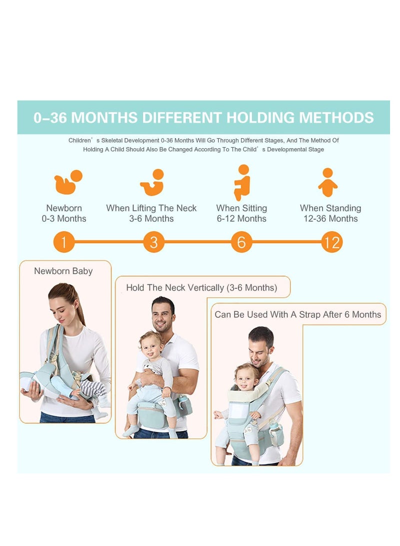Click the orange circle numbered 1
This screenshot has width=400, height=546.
pyautogui.click(x=64, y=243)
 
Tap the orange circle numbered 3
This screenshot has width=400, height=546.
pyautogui.click(x=153, y=243)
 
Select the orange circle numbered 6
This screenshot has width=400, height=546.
pyautogui.click(x=241, y=243)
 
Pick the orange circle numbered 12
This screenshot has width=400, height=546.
pyautogui.click(x=331, y=243)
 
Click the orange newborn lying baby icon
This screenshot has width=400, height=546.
pyautogui.click(x=68, y=182)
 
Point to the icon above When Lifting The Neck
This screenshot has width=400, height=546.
pyautogui.click(x=152, y=183)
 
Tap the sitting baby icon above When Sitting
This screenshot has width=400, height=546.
pyautogui.click(x=242, y=182)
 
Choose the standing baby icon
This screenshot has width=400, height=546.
pyautogui.click(x=327, y=182)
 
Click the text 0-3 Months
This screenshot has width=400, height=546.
pyautogui.click(x=64, y=219)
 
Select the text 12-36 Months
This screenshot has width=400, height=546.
pyautogui.click(x=330, y=219)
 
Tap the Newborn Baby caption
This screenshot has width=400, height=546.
pyautogui.click(x=63, y=271)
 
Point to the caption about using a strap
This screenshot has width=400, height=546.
pyautogui.click(x=297, y=315)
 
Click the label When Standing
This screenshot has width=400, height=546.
pyautogui.click(x=330, y=208)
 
